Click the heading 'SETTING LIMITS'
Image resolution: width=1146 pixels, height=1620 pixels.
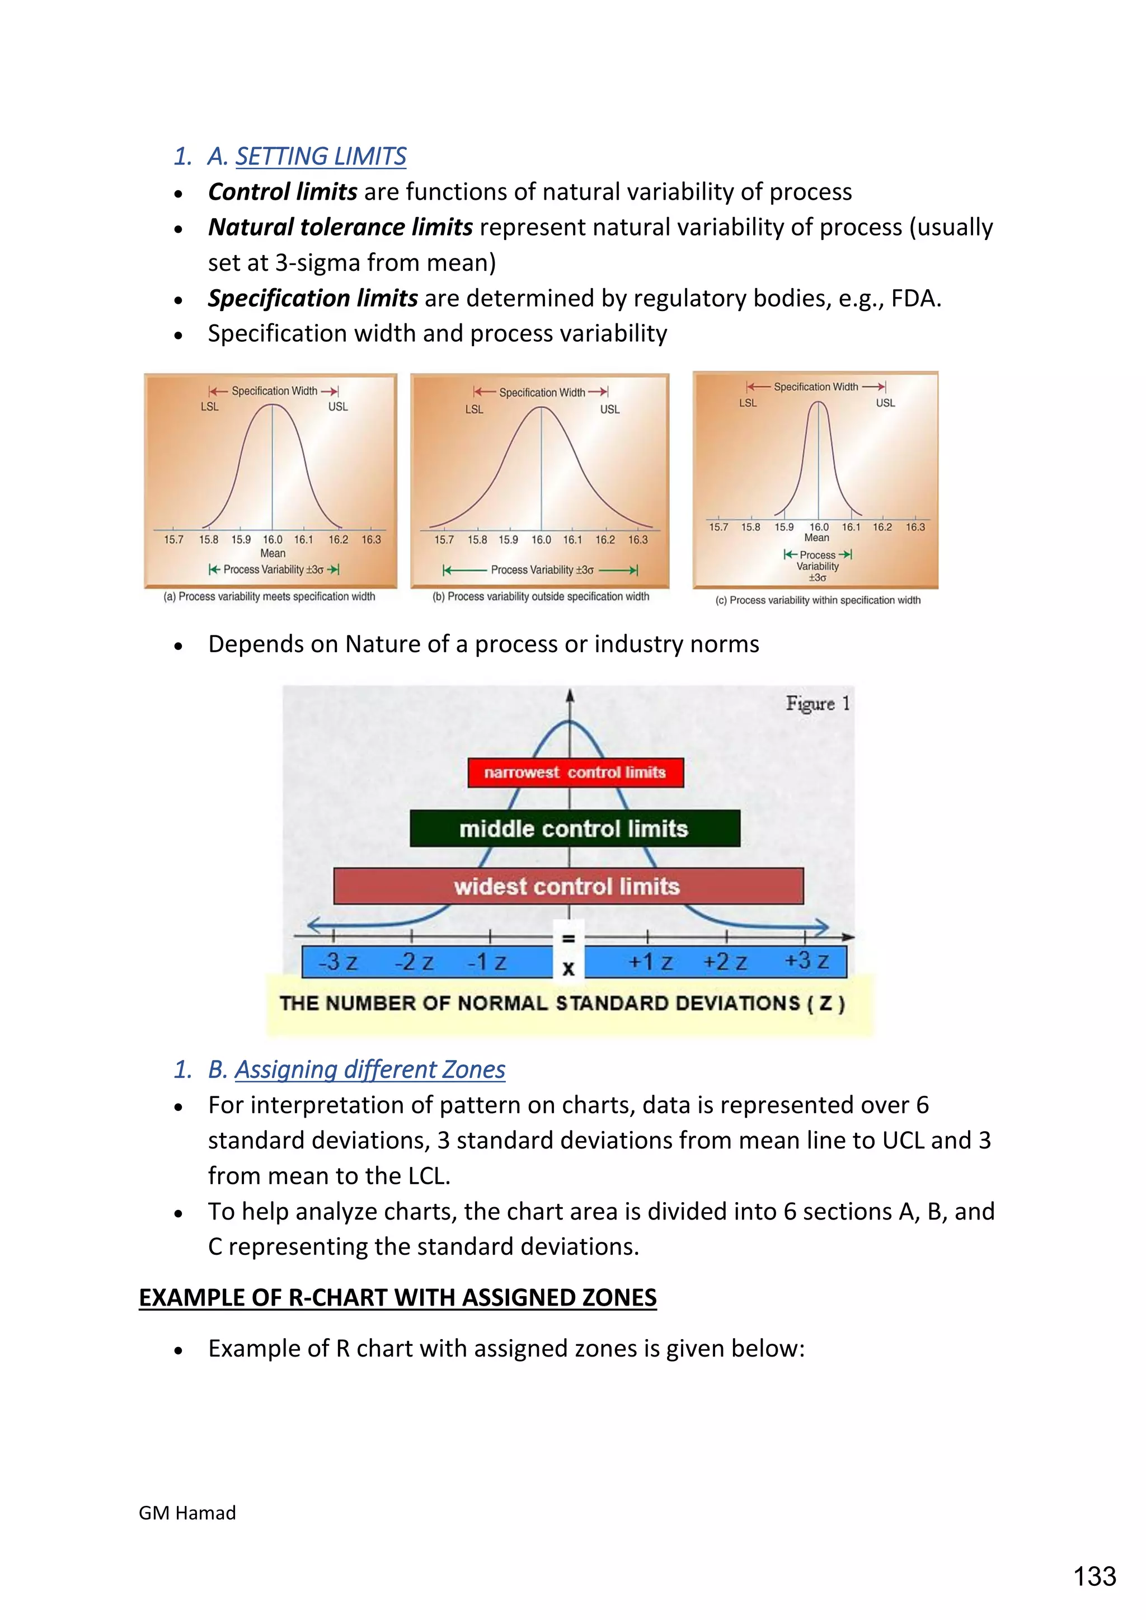coord(321,156)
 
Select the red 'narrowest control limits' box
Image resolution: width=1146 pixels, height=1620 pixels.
coord(575,773)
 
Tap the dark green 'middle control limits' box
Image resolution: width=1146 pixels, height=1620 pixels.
coord(575,828)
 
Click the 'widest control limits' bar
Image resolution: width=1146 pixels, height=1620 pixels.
coord(567,886)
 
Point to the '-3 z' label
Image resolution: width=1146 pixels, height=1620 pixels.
coord(338,962)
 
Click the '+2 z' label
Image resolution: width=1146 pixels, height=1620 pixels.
coord(725,962)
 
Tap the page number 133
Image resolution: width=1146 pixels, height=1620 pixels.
coord(1095,1576)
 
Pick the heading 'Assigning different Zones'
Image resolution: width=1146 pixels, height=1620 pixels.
coord(370,1070)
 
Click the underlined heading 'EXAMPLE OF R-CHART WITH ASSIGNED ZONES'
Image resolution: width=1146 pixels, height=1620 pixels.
coord(398,1298)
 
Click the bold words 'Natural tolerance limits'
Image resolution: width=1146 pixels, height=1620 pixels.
coord(340,227)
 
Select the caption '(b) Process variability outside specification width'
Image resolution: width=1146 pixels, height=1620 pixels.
coord(541,596)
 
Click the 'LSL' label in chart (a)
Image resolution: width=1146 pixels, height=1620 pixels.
coord(210,407)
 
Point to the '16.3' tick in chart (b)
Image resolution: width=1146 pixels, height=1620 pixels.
coord(638,540)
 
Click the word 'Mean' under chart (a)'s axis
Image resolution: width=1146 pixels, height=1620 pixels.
coord(273,553)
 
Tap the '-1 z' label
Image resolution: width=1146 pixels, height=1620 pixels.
coord(487,962)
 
